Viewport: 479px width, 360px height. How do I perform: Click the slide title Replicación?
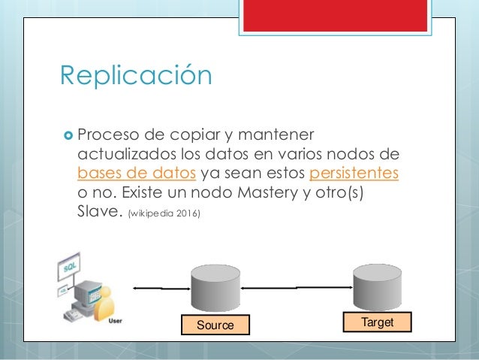coord(135,75)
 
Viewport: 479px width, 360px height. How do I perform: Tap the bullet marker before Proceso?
coord(66,135)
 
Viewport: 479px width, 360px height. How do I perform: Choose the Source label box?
coord(215,325)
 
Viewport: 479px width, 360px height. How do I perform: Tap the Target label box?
coord(378,321)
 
